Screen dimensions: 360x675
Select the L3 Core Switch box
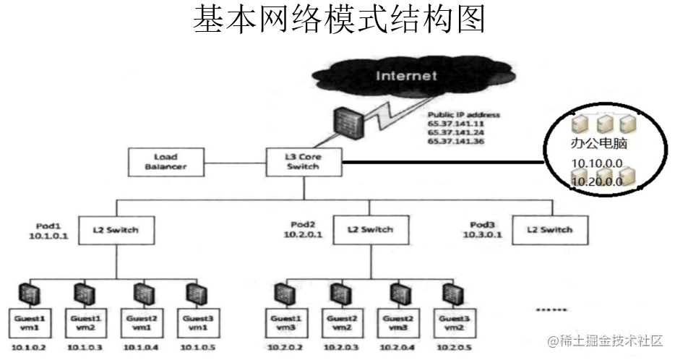(x=302, y=161)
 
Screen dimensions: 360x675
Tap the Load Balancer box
(x=165, y=161)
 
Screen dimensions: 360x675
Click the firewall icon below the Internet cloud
(x=349, y=124)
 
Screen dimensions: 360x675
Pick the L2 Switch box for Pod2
(x=369, y=230)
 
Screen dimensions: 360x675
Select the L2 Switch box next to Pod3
(x=551, y=230)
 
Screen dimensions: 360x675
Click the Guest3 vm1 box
(x=196, y=322)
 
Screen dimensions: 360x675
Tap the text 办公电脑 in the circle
(x=598, y=144)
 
